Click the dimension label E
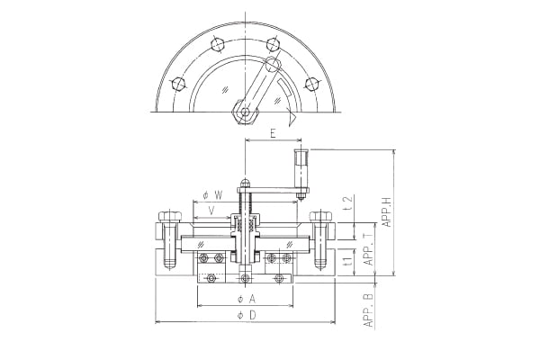(x=272, y=133)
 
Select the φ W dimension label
(x=213, y=195)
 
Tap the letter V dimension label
(x=211, y=211)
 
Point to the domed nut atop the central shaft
(x=245, y=185)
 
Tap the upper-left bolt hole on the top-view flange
(x=214, y=42)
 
